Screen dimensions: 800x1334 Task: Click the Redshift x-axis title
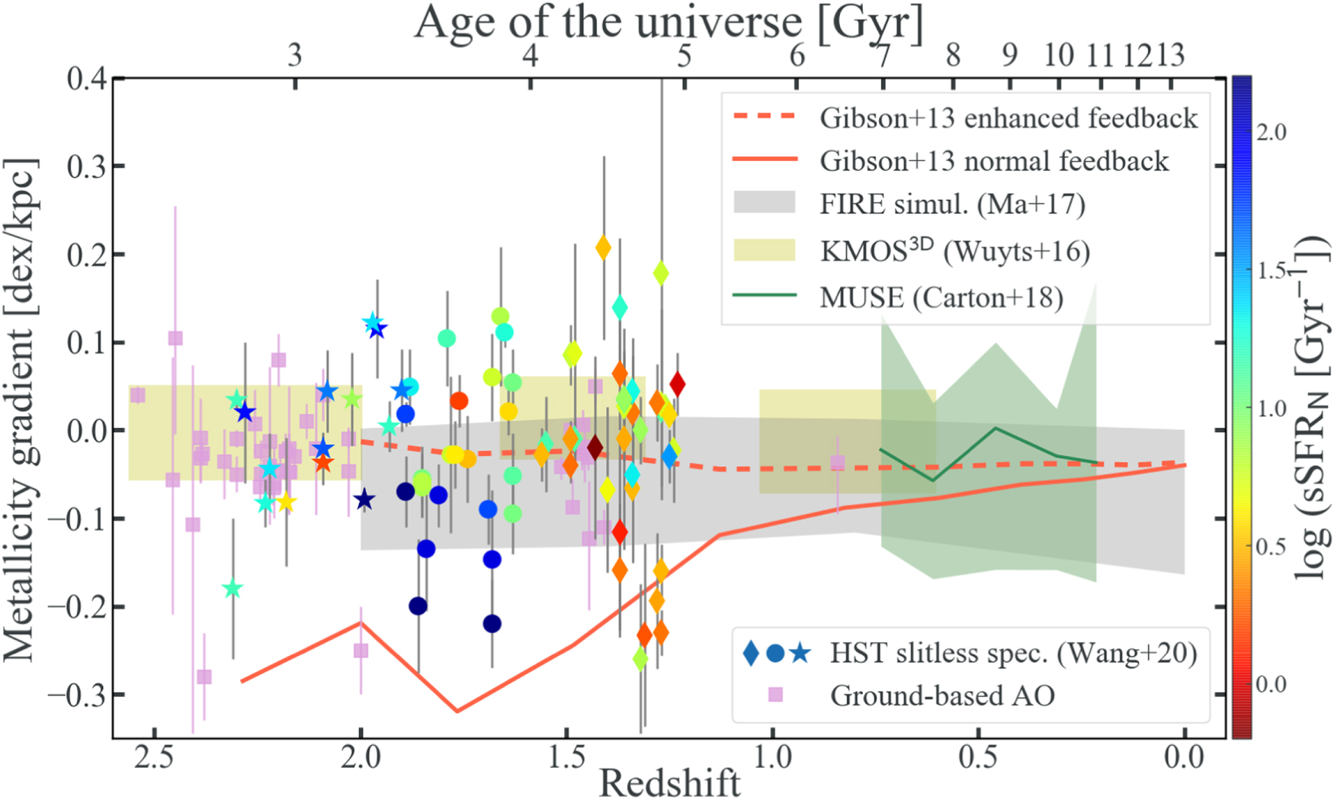(669, 782)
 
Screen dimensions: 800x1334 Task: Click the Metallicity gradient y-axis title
(21, 410)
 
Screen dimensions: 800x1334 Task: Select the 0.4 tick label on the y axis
(87, 79)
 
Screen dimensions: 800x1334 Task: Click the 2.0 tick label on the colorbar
(1271, 132)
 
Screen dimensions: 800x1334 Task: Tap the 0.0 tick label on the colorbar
(1271, 684)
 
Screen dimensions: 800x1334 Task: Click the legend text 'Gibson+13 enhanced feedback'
(1009, 118)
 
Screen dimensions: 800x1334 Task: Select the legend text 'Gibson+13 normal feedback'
(994, 161)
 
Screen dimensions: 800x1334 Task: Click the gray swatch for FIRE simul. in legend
(764, 203)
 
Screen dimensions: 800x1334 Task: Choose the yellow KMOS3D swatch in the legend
(764, 250)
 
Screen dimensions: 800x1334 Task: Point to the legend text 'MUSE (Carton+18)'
(941, 297)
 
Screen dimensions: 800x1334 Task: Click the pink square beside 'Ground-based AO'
(775, 695)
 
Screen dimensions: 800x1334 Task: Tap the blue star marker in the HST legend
(800, 653)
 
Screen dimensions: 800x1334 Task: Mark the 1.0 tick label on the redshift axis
(772, 757)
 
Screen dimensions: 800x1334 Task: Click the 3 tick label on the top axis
(295, 55)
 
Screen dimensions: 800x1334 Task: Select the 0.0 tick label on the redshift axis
(1184, 757)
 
